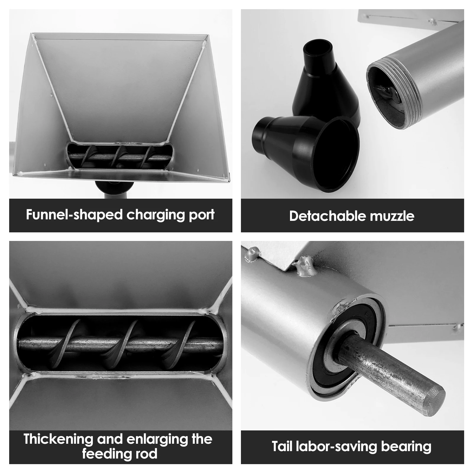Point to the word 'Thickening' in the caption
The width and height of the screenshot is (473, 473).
(x=59, y=439)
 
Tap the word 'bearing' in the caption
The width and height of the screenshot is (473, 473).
(x=406, y=447)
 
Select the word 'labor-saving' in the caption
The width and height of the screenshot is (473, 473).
(x=337, y=447)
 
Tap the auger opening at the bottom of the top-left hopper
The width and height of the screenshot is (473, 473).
(x=119, y=156)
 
